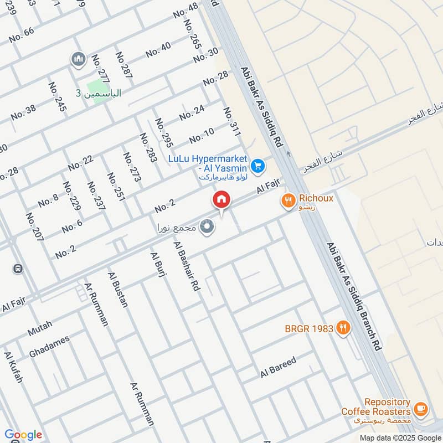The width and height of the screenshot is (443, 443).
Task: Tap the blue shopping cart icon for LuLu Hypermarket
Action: tap(257, 165)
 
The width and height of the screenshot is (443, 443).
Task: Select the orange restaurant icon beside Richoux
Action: tap(287, 200)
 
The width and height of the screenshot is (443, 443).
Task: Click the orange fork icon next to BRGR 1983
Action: tap(343, 328)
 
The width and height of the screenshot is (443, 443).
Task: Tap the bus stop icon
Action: tap(18, 269)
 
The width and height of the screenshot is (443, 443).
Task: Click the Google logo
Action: tap(23, 435)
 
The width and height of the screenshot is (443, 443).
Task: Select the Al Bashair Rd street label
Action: tap(186, 266)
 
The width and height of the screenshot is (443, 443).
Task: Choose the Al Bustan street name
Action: tap(118, 290)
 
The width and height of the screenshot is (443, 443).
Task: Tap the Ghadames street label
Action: tap(49, 346)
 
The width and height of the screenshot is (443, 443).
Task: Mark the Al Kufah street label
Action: tap(14, 367)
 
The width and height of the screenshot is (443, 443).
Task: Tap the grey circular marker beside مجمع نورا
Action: tap(208, 227)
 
